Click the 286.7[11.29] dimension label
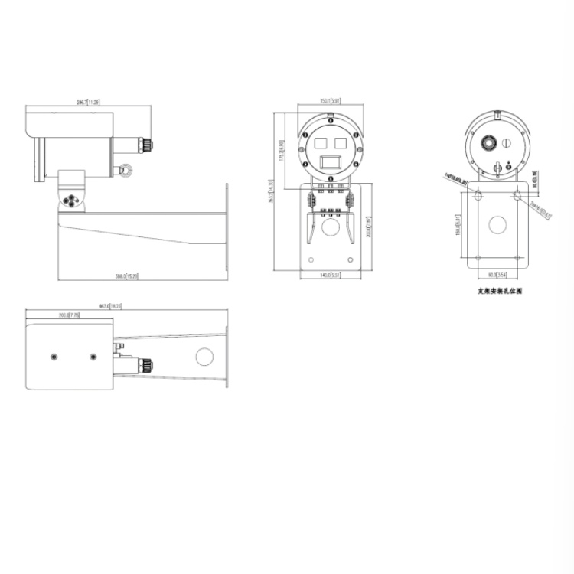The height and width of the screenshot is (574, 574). tap(88, 102)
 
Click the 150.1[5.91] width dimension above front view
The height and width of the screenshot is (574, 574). tap(330, 100)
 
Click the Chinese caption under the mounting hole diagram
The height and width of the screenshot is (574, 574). tap(499, 292)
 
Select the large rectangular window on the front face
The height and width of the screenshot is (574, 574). tap(330, 161)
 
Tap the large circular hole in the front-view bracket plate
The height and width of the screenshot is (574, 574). tap(330, 227)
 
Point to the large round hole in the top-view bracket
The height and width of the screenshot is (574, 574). tap(204, 357)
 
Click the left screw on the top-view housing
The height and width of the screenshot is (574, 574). tap(54, 357)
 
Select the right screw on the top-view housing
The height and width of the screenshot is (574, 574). tap(93, 357)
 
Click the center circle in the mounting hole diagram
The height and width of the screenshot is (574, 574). tap(498, 225)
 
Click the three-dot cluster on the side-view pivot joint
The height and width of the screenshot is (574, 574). tap(73, 201)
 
